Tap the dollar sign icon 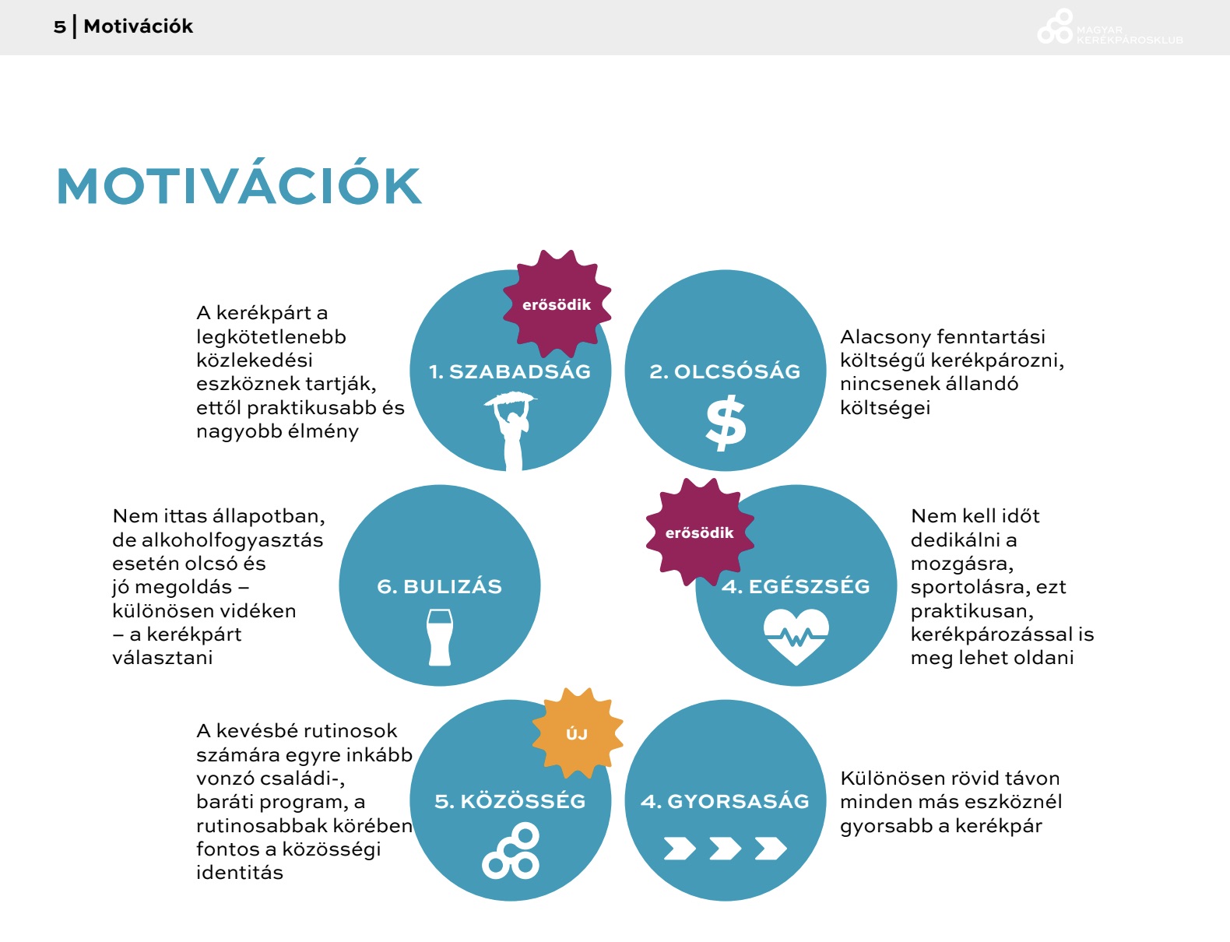coord(726,424)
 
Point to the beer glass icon coord(440,638)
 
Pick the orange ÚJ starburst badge coord(578,733)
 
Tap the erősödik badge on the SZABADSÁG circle coord(557,304)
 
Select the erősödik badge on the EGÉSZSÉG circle coord(700,533)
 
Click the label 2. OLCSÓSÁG coord(725,371)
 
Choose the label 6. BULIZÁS coord(440,586)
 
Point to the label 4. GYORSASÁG coord(725,802)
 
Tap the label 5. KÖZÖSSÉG coord(511,802)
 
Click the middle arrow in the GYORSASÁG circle coord(725,848)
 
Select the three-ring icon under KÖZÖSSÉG coord(511,851)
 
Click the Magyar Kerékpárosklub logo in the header coord(1109,27)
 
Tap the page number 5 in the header coord(59,26)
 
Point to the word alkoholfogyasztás coord(232,540)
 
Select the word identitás coord(240,873)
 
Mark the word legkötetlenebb coord(271,337)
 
